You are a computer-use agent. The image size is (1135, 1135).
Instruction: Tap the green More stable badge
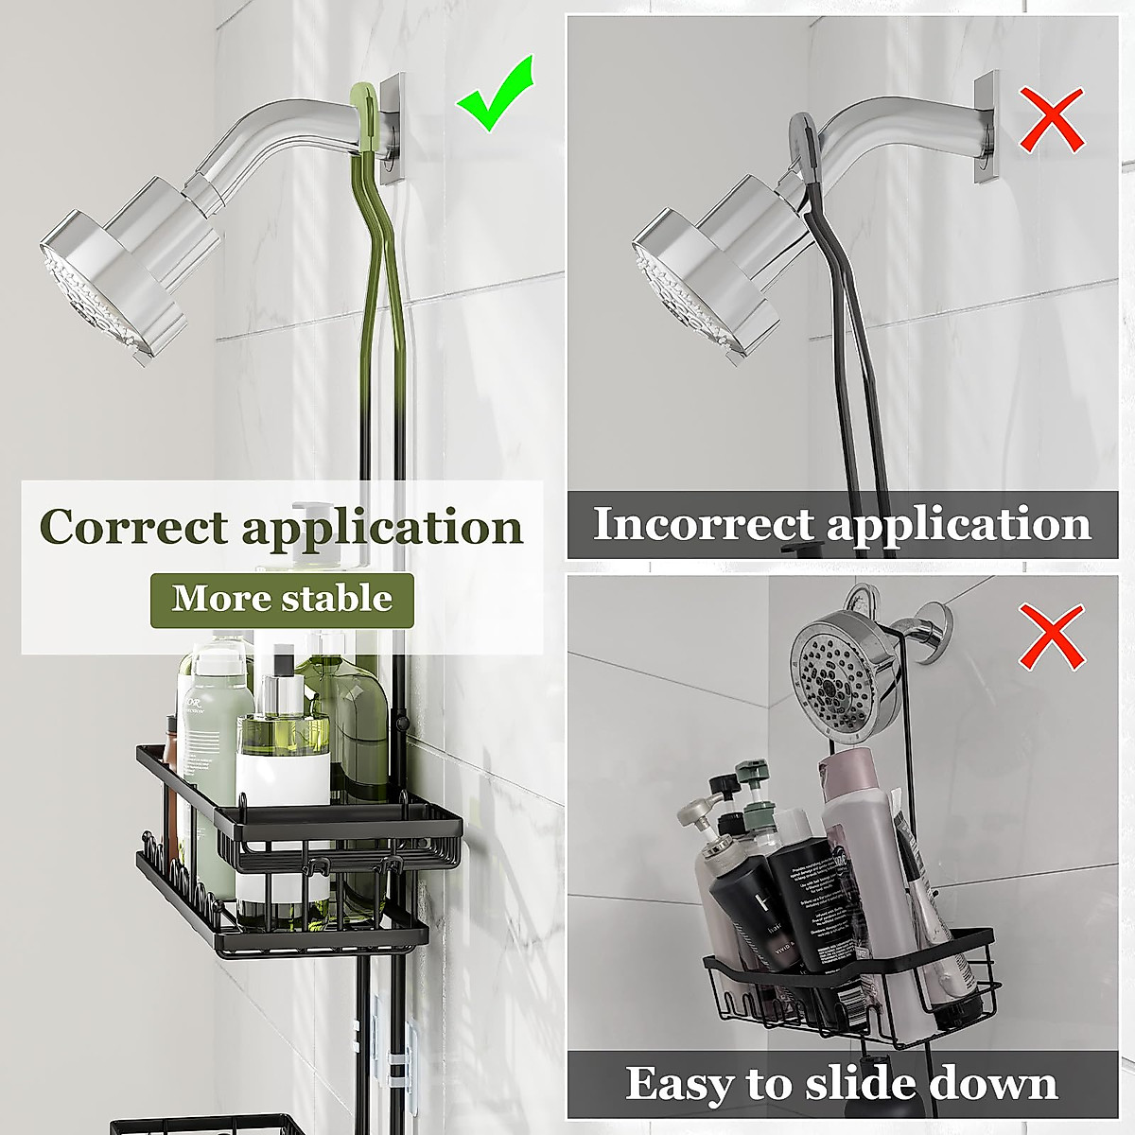pyautogui.click(x=282, y=599)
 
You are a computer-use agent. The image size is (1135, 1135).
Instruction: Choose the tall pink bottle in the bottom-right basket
pyautogui.click(x=855, y=851)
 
